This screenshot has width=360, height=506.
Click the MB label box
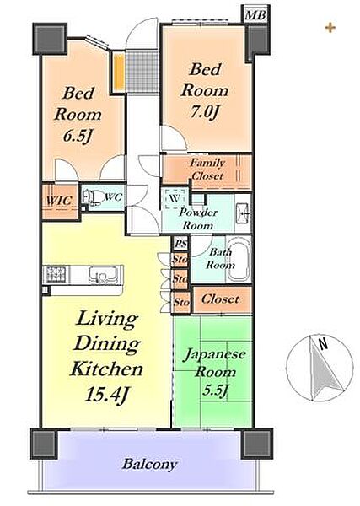tap(255, 15)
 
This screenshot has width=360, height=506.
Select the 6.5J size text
tap(78, 137)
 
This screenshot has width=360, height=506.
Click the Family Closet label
tap(207, 170)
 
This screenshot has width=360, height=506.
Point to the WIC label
tap(59, 201)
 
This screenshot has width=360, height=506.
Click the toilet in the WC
tap(89, 196)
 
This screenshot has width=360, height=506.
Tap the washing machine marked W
tap(175, 198)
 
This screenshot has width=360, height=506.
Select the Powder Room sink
tap(242, 213)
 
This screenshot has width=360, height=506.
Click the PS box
tap(181, 244)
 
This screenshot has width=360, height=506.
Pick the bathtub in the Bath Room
tap(239, 260)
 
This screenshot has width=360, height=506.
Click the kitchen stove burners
tap(56, 274)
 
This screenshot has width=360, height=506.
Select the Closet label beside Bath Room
tap(220, 299)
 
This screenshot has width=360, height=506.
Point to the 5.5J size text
tap(215, 391)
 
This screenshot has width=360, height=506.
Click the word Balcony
tap(150, 465)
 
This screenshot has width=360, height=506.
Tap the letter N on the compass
tap(323, 344)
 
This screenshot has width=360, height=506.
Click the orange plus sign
tap(330, 28)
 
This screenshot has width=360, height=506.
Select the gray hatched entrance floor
tap(142, 73)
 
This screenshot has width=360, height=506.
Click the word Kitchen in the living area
tap(106, 369)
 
